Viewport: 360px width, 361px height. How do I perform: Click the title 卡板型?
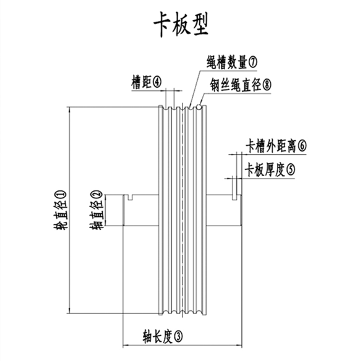coord(181,24)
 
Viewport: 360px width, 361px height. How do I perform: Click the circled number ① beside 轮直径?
coord(61,197)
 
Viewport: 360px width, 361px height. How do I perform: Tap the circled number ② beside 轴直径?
coord(96,197)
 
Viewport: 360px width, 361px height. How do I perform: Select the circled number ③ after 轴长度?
coord(177,337)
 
